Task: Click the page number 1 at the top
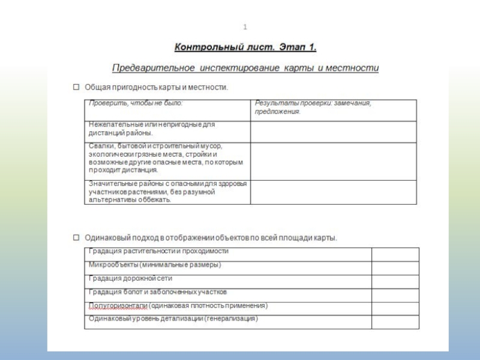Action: [x=245, y=27]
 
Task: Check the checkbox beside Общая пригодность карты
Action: [x=76, y=87]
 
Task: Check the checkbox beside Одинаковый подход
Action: [x=76, y=237]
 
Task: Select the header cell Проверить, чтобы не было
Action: [x=136, y=103]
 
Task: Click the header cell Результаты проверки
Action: [x=313, y=107]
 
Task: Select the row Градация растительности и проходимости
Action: [x=158, y=251]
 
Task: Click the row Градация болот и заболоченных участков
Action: [x=157, y=292]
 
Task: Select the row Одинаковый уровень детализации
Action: [x=173, y=319]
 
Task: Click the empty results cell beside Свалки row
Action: [x=333, y=161]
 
